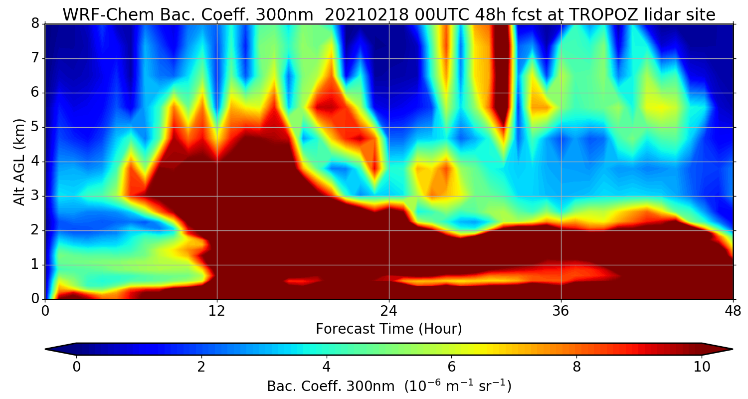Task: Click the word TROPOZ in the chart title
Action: click(601, 15)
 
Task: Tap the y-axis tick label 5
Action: click(35, 128)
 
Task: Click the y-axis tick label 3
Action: click(35, 197)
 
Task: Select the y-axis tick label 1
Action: click(35, 265)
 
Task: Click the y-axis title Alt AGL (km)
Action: click(19, 162)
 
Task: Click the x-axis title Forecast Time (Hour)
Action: click(389, 329)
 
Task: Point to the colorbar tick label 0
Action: click(76, 367)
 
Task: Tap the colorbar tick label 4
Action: click(327, 367)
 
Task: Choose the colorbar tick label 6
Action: click(452, 367)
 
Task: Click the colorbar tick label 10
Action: click(702, 367)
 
